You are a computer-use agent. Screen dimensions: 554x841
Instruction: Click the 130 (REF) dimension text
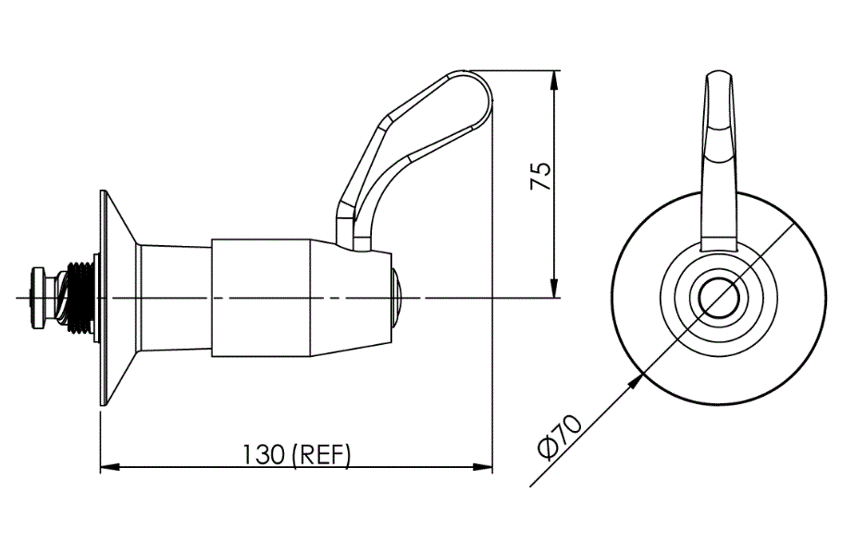[x=297, y=455]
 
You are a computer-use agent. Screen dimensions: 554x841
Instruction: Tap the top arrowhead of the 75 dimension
[x=554, y=80]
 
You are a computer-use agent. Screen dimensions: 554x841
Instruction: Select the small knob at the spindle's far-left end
[x=40, y=296]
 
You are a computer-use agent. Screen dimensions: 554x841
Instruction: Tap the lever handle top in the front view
[x=722, y=92]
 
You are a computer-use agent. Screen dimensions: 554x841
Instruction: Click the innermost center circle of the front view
[x=719, y=298]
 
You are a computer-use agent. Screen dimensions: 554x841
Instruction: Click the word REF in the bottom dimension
[x=320, y=455]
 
